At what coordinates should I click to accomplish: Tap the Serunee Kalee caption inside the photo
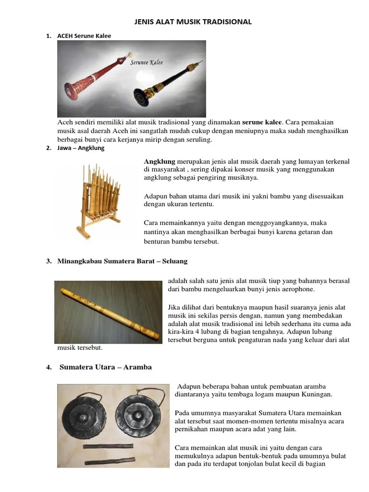pyautogui.click(x=147, y=62)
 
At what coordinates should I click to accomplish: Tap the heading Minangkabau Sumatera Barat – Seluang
pyautogui.click(x=122, y=261)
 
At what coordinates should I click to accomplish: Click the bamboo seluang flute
pyautogui.click(x=109, y=311)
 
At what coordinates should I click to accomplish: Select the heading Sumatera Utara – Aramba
pyautogui.click(x=105, y=367)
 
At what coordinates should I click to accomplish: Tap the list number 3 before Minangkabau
pyautogui.click(x=49, y=261)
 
